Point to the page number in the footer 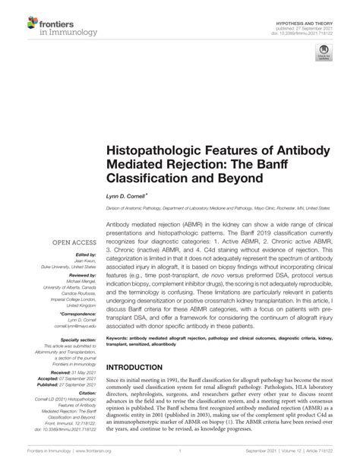point(180,462)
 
